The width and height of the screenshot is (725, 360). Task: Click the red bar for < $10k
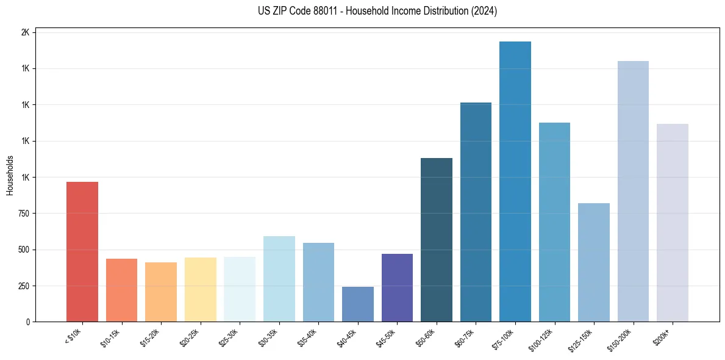tap(82, 251)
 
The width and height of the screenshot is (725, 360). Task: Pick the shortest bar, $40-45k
tap(357, 304)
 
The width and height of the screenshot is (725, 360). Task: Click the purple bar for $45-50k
tap(397, 287)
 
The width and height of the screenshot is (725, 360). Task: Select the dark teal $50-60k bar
tap(436, 240)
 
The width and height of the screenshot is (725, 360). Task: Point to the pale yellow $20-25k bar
tap(200, 289)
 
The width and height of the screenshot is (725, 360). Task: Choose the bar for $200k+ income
tap(672, 223)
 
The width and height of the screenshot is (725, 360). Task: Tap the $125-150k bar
tap(593, 262)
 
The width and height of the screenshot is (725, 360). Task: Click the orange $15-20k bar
tap(161, 292)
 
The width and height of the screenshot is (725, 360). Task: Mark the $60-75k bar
tap(476, 212)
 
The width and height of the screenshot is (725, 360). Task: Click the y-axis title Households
tap(10, 175)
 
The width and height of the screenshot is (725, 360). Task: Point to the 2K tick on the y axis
tap(25, 32)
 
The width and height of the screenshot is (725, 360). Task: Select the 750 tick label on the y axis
tap(23, 214)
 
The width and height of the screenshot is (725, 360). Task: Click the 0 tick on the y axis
tap(27, 322)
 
